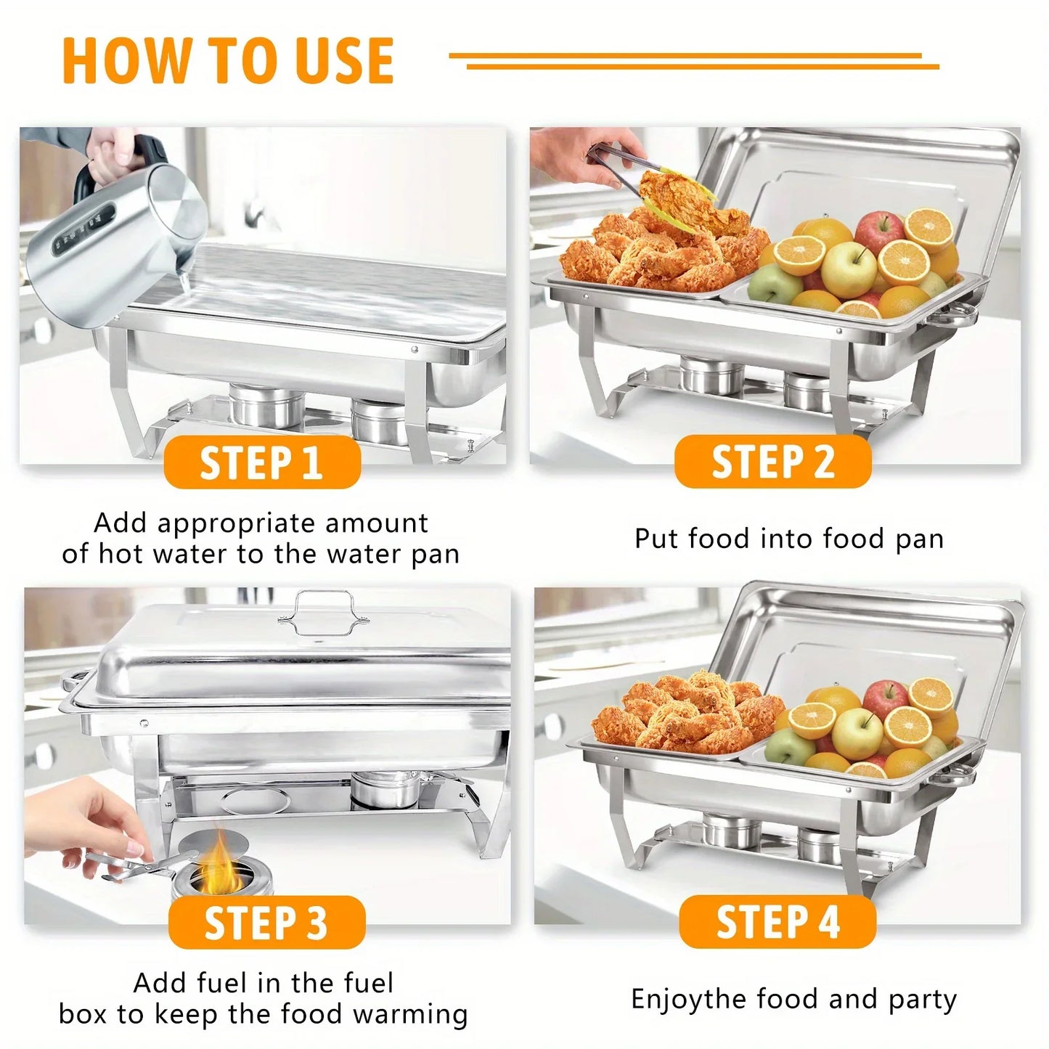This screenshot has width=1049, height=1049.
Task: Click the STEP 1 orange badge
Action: click(x=262, y=462)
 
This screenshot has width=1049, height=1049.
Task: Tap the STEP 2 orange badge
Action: click(x=772, y=462)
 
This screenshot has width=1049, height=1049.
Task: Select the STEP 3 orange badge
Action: click(x=266, y=922)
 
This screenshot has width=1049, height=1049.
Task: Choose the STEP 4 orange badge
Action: click(x=777, y=922)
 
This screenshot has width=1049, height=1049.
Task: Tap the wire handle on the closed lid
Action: click(x=323, y=613)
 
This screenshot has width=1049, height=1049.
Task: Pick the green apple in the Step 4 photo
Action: click(x=789, y=746)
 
